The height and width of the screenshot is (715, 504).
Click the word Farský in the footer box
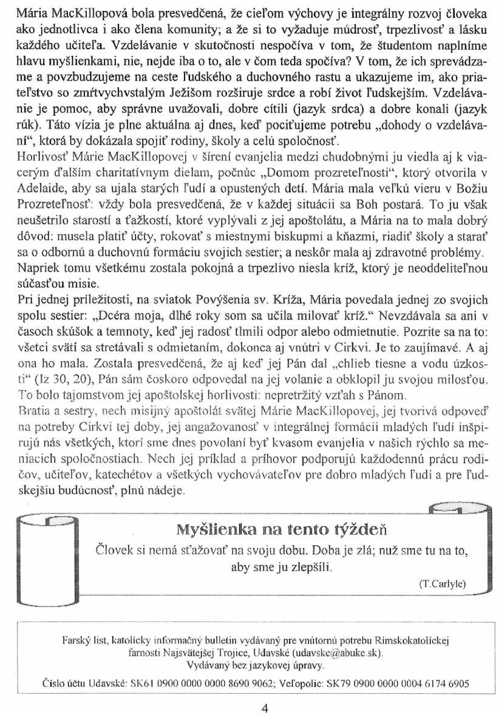pyautogui.click(x=76, y=640)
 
